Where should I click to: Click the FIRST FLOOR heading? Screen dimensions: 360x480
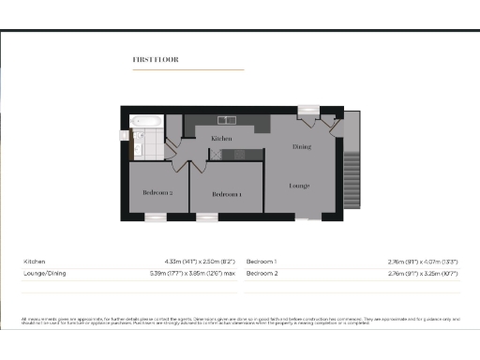[x=156, y=59]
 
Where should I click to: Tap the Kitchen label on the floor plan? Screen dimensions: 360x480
[x=221, y=139]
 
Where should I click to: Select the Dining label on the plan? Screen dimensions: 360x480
[x=301, y=147]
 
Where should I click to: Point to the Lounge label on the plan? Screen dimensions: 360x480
[x=299, y=186]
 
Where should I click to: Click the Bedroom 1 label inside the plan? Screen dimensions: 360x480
[x=227, y=194]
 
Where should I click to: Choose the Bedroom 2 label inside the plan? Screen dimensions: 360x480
[x=157, y=192]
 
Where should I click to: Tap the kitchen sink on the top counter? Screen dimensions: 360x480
[x=228, y=119]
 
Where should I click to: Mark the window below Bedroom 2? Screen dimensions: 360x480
[x=156, y=217]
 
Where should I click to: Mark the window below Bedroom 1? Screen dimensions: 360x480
[x=207, y=217]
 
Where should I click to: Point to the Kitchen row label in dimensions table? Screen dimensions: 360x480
[x=34, y=262]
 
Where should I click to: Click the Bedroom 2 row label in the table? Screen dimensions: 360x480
[x=262, y=274]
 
